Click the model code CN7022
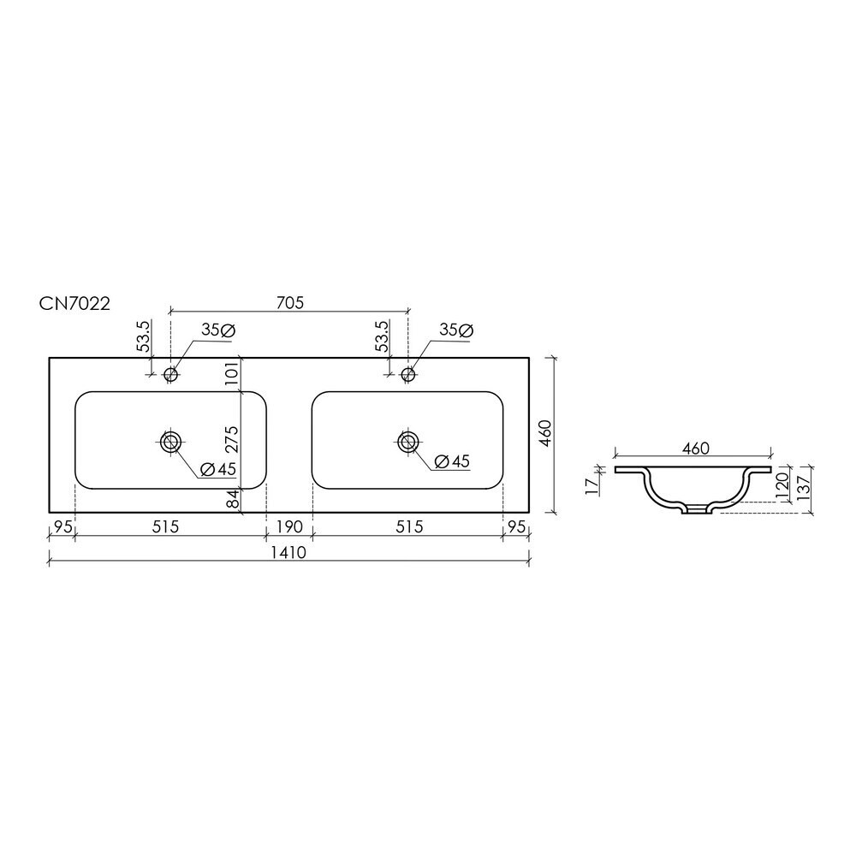[x=74, y=303]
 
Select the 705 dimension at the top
[x=289, y=302]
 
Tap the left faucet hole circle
[x=171, y=375]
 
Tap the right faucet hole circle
[x=407, y=375]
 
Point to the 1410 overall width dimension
[x=289, y=552]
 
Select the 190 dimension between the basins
[x=289, y=526]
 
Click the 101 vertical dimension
[x=231, y=373]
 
